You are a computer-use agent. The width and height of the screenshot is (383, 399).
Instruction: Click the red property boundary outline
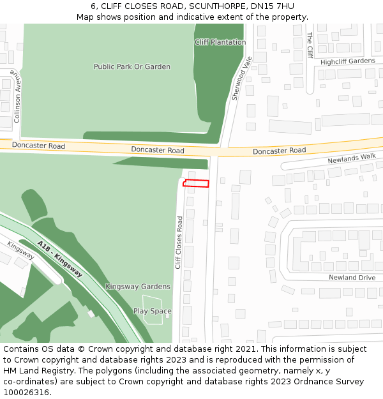click(196, 184)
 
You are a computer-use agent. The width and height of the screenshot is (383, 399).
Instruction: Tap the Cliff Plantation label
click(220, 42)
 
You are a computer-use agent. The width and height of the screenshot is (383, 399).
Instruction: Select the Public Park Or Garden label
click(132, 66)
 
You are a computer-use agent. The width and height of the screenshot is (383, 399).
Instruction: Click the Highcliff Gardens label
click(348, 61)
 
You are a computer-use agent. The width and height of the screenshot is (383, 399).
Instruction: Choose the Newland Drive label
click(352, 278)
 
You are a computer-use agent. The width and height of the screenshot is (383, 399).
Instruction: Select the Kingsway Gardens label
click(138, 287)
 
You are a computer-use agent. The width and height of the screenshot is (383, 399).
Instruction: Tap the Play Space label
click(153, 312)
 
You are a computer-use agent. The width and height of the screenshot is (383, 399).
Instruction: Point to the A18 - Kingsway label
click(59, 258)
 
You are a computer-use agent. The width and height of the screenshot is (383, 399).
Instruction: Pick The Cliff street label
click(310, 45)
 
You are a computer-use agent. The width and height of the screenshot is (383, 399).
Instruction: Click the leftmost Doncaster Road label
click(38, 146)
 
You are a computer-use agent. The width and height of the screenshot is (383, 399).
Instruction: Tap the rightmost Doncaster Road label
click(279, 151)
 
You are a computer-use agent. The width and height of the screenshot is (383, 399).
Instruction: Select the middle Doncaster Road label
click(158, 151)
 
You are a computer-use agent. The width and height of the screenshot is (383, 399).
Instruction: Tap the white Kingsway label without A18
click(21, 250)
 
